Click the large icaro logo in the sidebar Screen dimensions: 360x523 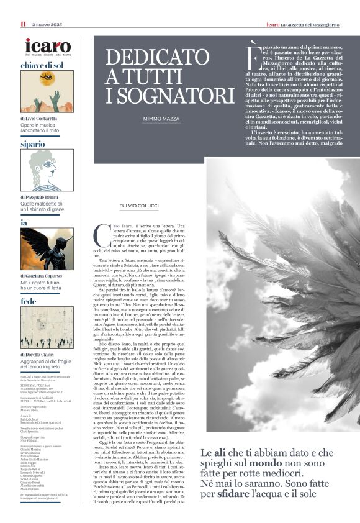[47, 45]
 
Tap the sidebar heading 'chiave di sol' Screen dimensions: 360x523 [42, 65]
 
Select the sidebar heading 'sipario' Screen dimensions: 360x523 [32, 144]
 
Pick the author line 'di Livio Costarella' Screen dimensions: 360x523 [38, 118]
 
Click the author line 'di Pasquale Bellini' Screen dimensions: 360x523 [38, 197]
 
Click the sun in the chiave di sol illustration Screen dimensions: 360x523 [47, 81]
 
